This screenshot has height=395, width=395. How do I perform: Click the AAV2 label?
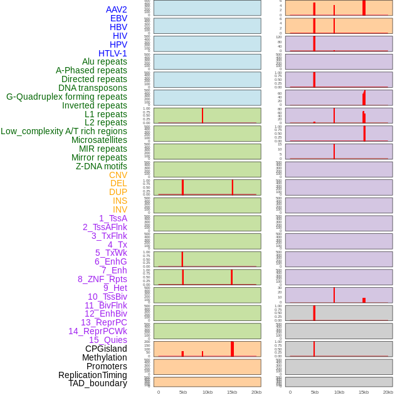tap(117, 9)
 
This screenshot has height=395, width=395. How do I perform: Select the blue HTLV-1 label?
tap(113, 53)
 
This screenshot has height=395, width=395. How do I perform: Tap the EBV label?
tap(118, 18)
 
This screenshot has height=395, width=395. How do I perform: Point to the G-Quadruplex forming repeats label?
tap(66, 97)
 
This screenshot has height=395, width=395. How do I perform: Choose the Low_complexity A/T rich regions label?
tap(64, 131)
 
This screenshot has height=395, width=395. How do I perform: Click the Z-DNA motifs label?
tap(102, 166)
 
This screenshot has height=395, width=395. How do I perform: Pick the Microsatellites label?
tap(99, 140)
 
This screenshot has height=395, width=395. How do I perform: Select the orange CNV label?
tap(118, 175)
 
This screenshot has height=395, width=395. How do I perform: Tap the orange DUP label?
tap(118, 192)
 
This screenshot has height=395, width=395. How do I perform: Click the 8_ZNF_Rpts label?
tap(102, 279)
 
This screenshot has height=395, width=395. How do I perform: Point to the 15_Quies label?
tap(108, 340)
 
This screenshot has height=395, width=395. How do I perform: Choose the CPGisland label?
tap(106, 349)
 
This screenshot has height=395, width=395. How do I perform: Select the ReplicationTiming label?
tap(93, 375)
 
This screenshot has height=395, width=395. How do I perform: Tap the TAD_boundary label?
tap(98, 383)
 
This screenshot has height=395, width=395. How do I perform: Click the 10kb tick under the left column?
tap(208, 392)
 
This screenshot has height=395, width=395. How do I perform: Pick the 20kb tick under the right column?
tap(388, 392)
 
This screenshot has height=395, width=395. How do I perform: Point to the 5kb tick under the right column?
tap(315, 392)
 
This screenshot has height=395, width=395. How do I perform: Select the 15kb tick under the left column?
tap(232, 392)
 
